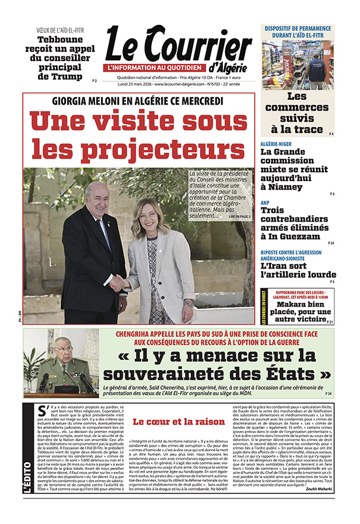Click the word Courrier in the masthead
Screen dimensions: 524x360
coord(198,46)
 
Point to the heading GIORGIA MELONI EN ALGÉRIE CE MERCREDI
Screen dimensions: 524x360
coord(137,101)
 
